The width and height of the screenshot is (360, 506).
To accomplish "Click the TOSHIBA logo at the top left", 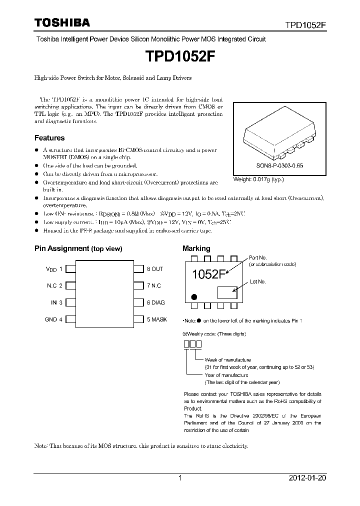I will coord(62,22).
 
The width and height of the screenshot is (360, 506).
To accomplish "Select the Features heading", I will coord(49,137).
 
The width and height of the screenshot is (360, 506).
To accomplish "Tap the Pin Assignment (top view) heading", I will coord(78,248).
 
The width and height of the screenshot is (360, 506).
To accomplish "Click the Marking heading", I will coord(196,248).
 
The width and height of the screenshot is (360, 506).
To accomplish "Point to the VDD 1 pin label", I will coord(54,269).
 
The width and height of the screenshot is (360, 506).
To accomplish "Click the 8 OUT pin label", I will coord(155,269).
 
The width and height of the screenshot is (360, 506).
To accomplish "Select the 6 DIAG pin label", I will coord(155,302).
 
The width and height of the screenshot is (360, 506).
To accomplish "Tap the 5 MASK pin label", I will coord(156,319).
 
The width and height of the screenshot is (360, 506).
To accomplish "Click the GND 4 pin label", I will coord(54,319).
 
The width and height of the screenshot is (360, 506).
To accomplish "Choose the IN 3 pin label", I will coord(56,302).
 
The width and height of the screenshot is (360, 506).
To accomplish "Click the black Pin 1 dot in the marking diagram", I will coord(195,296).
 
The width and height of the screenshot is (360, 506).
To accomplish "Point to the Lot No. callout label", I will coord(257,282).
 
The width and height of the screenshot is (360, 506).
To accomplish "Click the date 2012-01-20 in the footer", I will coord(307,478).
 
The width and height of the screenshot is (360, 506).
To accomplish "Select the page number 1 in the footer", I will coord(180,478).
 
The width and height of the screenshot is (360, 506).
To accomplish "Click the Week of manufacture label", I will coord(227,360).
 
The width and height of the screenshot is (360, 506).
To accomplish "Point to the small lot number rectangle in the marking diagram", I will coord(227,292).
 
